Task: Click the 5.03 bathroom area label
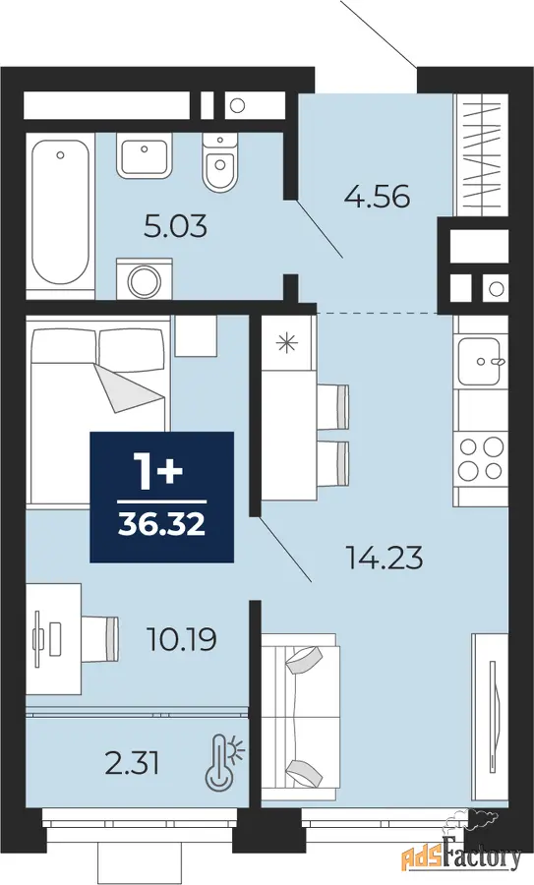(x=176, y=226)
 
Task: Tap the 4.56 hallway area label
(x=377, y=197)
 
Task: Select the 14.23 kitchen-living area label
(x=385, y=559)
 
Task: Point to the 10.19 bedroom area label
(x=182, y=639)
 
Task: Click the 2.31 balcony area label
(x=133, y=764)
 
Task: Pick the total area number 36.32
(x=161, y=525)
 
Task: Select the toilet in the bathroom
(x=218, y=162)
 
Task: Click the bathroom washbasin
(x=145, y=156)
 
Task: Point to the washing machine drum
(x=145, y=280)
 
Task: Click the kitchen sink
(x=482, y=361)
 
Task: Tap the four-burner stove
(x=481, y=457)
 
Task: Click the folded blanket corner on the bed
(x=129, y=388)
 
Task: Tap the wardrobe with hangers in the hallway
(x=482, y=154)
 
